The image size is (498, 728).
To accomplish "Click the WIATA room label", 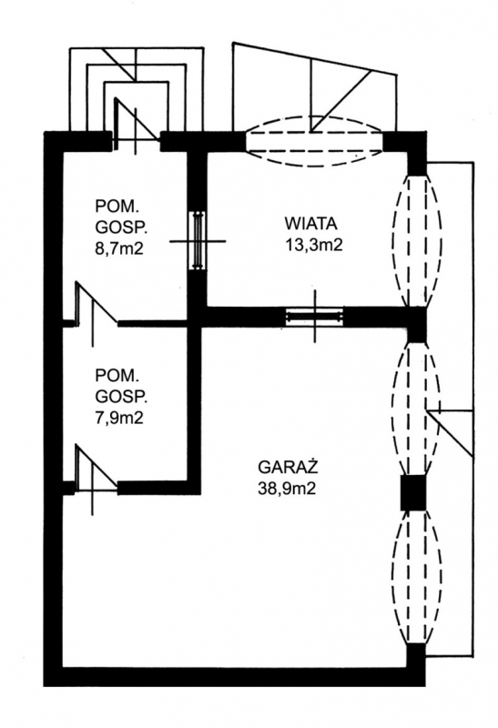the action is click(x=310, y=223).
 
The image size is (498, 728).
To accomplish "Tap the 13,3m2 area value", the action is click(x=313, y=244).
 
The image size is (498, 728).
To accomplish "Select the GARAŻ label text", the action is click(x=288, y=466).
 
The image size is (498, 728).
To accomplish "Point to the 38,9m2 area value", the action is click(x=287, y=488).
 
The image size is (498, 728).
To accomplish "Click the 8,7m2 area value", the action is click(x=119, y=248).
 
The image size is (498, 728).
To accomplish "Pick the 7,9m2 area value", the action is click(x=119, y=418).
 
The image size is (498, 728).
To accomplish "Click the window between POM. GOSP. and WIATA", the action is click(x=198, y=240).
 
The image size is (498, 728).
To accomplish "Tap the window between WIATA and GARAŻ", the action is click(x=314, y=317).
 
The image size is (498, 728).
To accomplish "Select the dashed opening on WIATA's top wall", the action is click(x=313, y=141).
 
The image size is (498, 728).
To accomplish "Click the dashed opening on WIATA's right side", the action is click(x=416, y=240).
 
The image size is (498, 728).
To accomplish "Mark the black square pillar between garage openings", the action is click(x=413, y=491).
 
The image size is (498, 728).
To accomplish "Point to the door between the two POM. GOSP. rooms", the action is click(x=96, y=311).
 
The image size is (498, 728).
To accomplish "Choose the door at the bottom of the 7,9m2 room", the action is click(x=96, y=476).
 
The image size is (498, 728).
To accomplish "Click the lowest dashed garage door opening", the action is click(x=416, y=577).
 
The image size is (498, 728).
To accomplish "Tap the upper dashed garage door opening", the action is click(x=416, y=409).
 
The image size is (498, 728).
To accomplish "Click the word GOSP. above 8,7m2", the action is click(x=122, y=227).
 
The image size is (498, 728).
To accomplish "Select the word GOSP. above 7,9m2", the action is click(x=122, y=397).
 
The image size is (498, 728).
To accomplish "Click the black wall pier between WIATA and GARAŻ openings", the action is click(x=416, y=324).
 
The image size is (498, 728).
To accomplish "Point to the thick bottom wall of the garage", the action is click(x=235, y=677).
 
